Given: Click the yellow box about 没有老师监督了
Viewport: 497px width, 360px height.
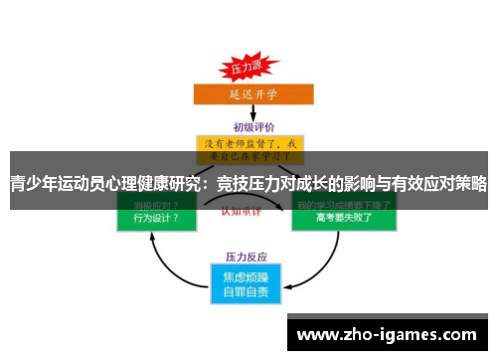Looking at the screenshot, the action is (x=248, y=149).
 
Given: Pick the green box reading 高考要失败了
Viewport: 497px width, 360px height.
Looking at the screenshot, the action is (x=342, y=217).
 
